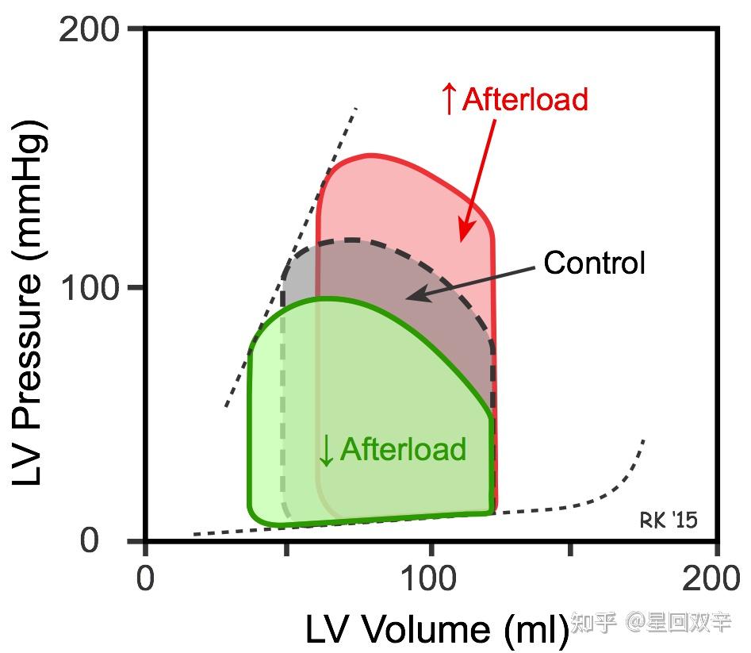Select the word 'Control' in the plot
pyautogui.click(x=594, y=263)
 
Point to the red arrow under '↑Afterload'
pyautogui.click(x=479, y=179)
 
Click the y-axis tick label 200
pyautogui.click(x=90, y=30)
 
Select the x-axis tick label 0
pyautogui.click(x=145, y=578)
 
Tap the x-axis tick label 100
pyautogui.click(x=431, y=578)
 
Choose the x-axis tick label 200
pyautogui.click(x=715, y=578)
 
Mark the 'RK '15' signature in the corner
pyautogui.click(x=669, y=520)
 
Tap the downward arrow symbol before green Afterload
pyautogui.click(x=326, y=451)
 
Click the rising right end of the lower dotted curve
pyautogui.click(x=639, y=448)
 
